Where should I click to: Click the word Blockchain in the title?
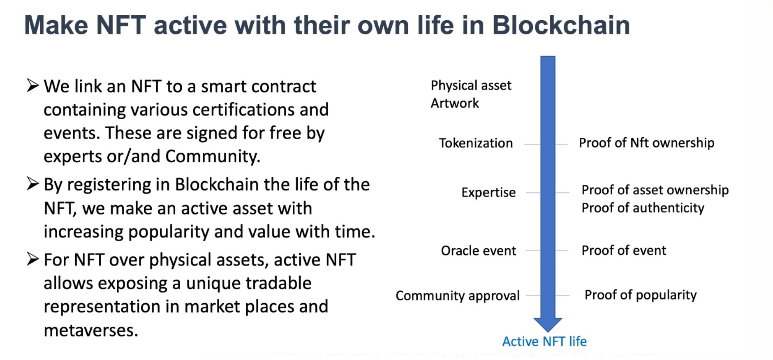point(561,25)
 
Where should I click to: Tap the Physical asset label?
point(471,85)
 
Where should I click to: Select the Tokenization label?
point(476,143)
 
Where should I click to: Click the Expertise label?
point(488,192)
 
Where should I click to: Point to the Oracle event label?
point(478,251)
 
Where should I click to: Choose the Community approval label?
point(457,295)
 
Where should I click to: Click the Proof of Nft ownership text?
point(646,143)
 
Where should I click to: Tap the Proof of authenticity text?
point(643,208)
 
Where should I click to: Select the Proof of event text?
point(623,251)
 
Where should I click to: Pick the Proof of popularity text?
point(640,295)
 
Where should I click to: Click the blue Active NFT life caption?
point(544,342)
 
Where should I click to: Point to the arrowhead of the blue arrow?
point(548,324)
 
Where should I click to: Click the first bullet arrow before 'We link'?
point(32,85)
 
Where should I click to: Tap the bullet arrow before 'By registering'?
point(32,184)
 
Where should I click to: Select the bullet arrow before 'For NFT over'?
point(32,259)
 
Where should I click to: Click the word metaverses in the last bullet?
point(90,330)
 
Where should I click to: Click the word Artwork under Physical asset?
point(454,103)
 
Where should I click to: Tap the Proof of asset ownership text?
point(655,190)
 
